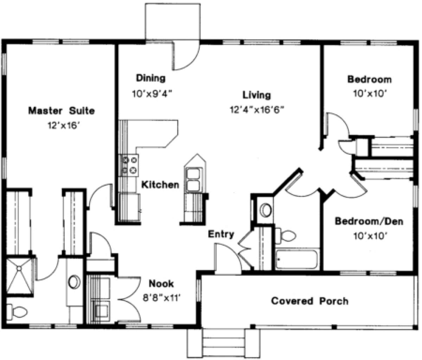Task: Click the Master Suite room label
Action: [x=62, y=111]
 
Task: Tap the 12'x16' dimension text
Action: [x=63, y=126]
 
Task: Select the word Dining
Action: [x=151, y=78]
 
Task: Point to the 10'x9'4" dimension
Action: [x=152, y=94]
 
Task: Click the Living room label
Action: [x=257, y=95]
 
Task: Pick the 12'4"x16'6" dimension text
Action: [x=257, y=110]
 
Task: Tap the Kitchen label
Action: [x=160, y=185]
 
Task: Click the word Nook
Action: [x=161, y=284]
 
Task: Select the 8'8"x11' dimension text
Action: [x=161, y=298]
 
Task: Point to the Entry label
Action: [x=221, y=234]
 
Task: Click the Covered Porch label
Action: [x=310, y=301]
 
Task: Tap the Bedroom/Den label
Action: [x=369, y=221]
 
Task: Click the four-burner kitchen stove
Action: [x=129, y=165]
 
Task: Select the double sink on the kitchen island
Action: [x=193, y=180]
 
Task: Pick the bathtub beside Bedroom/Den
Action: [x=296, y=259]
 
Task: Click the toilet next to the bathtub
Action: [x=286, y=236]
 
